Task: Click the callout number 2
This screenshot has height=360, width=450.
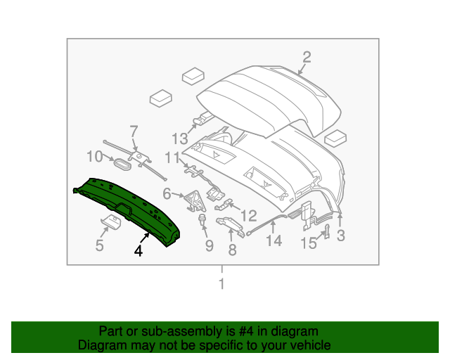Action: point(307,58)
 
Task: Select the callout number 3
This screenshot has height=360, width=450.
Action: point(341,236)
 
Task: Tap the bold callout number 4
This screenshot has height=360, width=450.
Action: point(139,250)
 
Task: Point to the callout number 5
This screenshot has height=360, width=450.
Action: point(99,245)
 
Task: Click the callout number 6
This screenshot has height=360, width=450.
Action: point(167,193)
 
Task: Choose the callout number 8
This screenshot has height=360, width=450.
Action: point(232,250)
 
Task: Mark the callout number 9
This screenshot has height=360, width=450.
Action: point(208,245)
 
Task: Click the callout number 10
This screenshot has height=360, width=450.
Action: point(94,156)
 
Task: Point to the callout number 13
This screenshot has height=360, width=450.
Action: point(181,139)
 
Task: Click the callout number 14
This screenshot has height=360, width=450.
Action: point(274,241)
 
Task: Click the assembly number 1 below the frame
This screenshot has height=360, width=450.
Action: point(222,285)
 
